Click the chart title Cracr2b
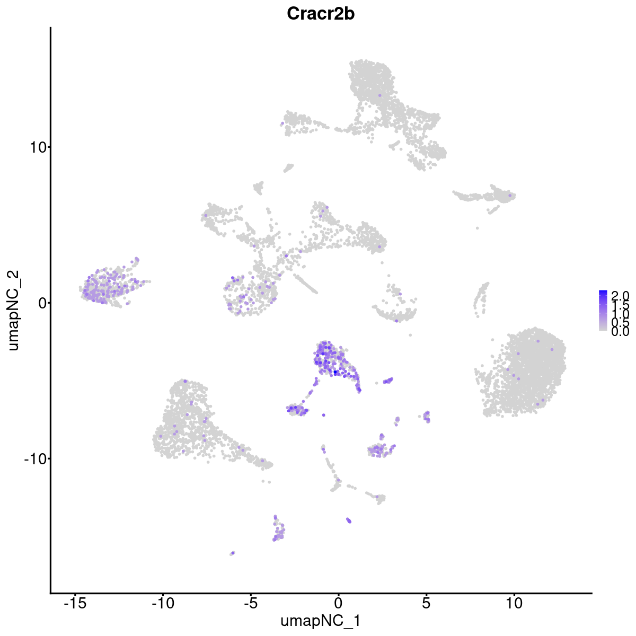click(x=321, y=14)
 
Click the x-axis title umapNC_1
click(x=321, y=621)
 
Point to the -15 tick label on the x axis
click(x=75, y=603)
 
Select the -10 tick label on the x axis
click(x=163, y=603)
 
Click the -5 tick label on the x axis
click(x=250, y=603)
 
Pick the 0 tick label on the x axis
click(x=338, y=603)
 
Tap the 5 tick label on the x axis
click(x=426, y=603)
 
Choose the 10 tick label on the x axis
click(x=514, y=603)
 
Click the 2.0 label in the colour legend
click(x=620, y=295)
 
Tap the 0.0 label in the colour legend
click(x=620, y=332)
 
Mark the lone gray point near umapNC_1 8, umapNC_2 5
click(x=478, y=228)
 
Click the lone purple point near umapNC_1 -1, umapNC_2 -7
click(x=324, y=415)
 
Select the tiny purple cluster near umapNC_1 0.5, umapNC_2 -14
click(x=349, y=520)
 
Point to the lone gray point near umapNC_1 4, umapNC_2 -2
click(x=410, y=334)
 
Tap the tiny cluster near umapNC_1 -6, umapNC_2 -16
click(x=232, y=553)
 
